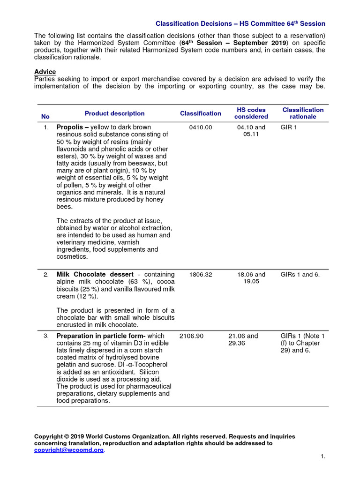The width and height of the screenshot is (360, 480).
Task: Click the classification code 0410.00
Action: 200,127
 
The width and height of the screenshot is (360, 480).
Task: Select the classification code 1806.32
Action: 200,275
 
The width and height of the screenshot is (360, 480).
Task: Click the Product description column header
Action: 114,113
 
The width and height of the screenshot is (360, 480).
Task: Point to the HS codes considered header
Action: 251,113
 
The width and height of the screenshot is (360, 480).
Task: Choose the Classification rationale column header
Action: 303,113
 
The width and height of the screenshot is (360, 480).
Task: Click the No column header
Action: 45,116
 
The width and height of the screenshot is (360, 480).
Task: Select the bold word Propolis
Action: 72,127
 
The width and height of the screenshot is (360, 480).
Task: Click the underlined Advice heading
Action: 45,72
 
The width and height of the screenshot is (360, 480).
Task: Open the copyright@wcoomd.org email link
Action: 69,450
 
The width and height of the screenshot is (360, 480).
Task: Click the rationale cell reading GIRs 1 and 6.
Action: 300,275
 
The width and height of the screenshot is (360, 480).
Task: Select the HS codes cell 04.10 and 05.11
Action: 251,131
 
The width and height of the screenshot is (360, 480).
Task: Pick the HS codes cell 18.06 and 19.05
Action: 251,278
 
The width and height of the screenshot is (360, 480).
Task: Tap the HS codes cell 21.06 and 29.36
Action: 243,339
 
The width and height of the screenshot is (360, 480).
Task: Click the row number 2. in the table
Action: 46,275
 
